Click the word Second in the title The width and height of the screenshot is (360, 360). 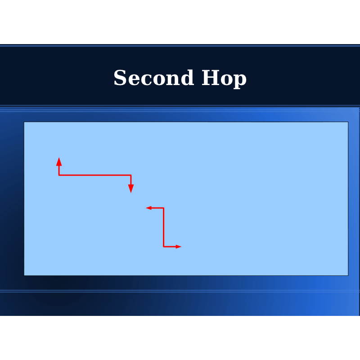tap(154, 77)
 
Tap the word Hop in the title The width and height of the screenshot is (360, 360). tap(224, 78)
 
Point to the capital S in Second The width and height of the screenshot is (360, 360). tap(120, 77)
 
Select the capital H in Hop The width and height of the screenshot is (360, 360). tap(210, 77)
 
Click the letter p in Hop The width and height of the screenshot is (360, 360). tap(240, 81)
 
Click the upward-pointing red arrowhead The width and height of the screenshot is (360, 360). tap(59, 162)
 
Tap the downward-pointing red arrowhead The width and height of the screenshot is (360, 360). tap(131, 189)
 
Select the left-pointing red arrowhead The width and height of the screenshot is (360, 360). tap(149, 208)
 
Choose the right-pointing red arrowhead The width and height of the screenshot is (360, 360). tap(179, 247)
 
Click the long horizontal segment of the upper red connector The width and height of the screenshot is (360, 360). tap(95, 175)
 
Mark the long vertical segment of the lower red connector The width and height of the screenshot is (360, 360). tap(163, 227)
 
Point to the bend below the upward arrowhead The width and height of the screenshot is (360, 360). tap(59, 175)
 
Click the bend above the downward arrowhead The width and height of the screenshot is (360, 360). tap(131, 175)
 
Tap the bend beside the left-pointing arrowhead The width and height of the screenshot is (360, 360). tap(163, 208)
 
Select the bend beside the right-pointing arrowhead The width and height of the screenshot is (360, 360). tap(163, 247)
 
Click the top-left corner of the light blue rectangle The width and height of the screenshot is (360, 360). tap(24, 122)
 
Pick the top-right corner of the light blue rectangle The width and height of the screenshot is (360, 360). tap(348, 122)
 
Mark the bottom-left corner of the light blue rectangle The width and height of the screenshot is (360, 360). tap(24, 275)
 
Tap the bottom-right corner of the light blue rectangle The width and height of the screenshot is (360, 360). tap(348, 275)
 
